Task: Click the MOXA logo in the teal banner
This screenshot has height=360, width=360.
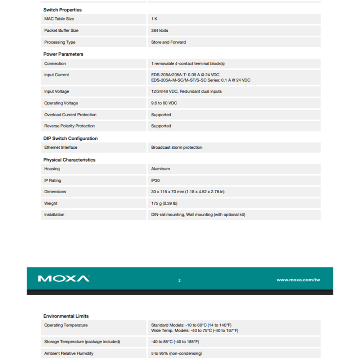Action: point(63,279)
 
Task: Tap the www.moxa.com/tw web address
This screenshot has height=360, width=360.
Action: point(298,280)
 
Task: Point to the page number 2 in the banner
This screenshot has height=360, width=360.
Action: point(179,280)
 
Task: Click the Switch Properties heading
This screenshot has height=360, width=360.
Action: point(62,10)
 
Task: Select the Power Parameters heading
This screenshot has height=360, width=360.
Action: point(63,54)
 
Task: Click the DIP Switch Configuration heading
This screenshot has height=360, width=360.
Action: point(70,138)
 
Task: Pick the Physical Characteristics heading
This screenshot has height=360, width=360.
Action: point(69,160)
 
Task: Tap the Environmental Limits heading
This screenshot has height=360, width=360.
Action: point(66,316)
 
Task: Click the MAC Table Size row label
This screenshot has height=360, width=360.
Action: point(59,19)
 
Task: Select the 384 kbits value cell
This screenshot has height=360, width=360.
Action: point(159,31)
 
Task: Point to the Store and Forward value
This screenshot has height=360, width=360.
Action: point(168,42)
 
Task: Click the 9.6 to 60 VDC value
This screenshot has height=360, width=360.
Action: point(164,103)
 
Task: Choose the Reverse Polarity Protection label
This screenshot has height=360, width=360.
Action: point(69,126)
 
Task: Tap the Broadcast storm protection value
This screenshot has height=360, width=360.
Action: point(176,147)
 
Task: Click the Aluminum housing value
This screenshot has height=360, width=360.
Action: point(161,169)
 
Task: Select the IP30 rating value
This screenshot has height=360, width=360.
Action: point(155,180)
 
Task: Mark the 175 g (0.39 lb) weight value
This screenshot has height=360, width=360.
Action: point(164,203)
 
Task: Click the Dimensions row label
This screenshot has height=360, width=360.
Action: point(55,192)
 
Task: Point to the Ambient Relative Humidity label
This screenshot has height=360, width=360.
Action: point(69,353)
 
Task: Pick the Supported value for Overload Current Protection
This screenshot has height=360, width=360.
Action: point(161,115)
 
